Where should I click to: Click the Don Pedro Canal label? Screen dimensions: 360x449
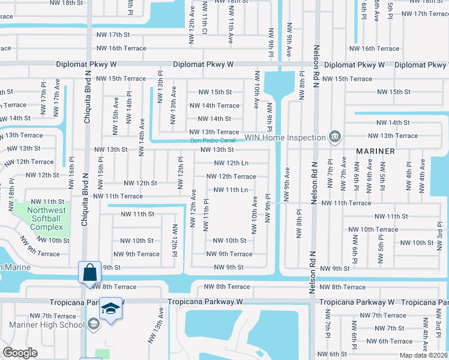click(212, 141)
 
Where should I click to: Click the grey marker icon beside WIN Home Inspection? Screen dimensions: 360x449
click(335, 137)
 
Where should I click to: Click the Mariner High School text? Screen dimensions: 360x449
click(47, 325)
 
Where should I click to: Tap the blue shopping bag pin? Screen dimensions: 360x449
click(89, 272)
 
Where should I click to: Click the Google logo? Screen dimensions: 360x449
click(20, 353)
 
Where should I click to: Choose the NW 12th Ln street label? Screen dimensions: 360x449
click(231, 163)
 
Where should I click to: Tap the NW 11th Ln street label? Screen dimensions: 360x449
click(231, 190)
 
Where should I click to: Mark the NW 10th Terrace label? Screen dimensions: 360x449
click(378, 229)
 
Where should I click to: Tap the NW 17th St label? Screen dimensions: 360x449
click(113, 35)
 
